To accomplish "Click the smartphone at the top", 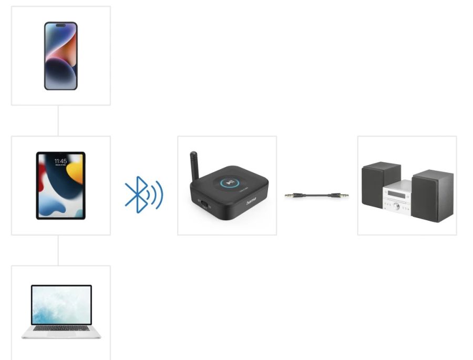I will (x=60, y=56).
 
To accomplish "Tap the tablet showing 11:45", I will (x=60, y=186).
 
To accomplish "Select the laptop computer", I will (x=61, y=312).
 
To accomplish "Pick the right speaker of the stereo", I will (x=433, y=196).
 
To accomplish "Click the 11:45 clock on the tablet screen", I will (x=60, y=161).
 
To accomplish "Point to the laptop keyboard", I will (x=61, y=329).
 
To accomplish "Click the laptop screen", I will (x=61, y=305).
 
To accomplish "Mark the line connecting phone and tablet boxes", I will (x=58, y=120).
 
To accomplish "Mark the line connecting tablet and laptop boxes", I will (x=58, y=250).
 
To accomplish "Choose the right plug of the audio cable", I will (x=341, y=196).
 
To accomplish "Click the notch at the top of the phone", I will (x=60, y=25).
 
